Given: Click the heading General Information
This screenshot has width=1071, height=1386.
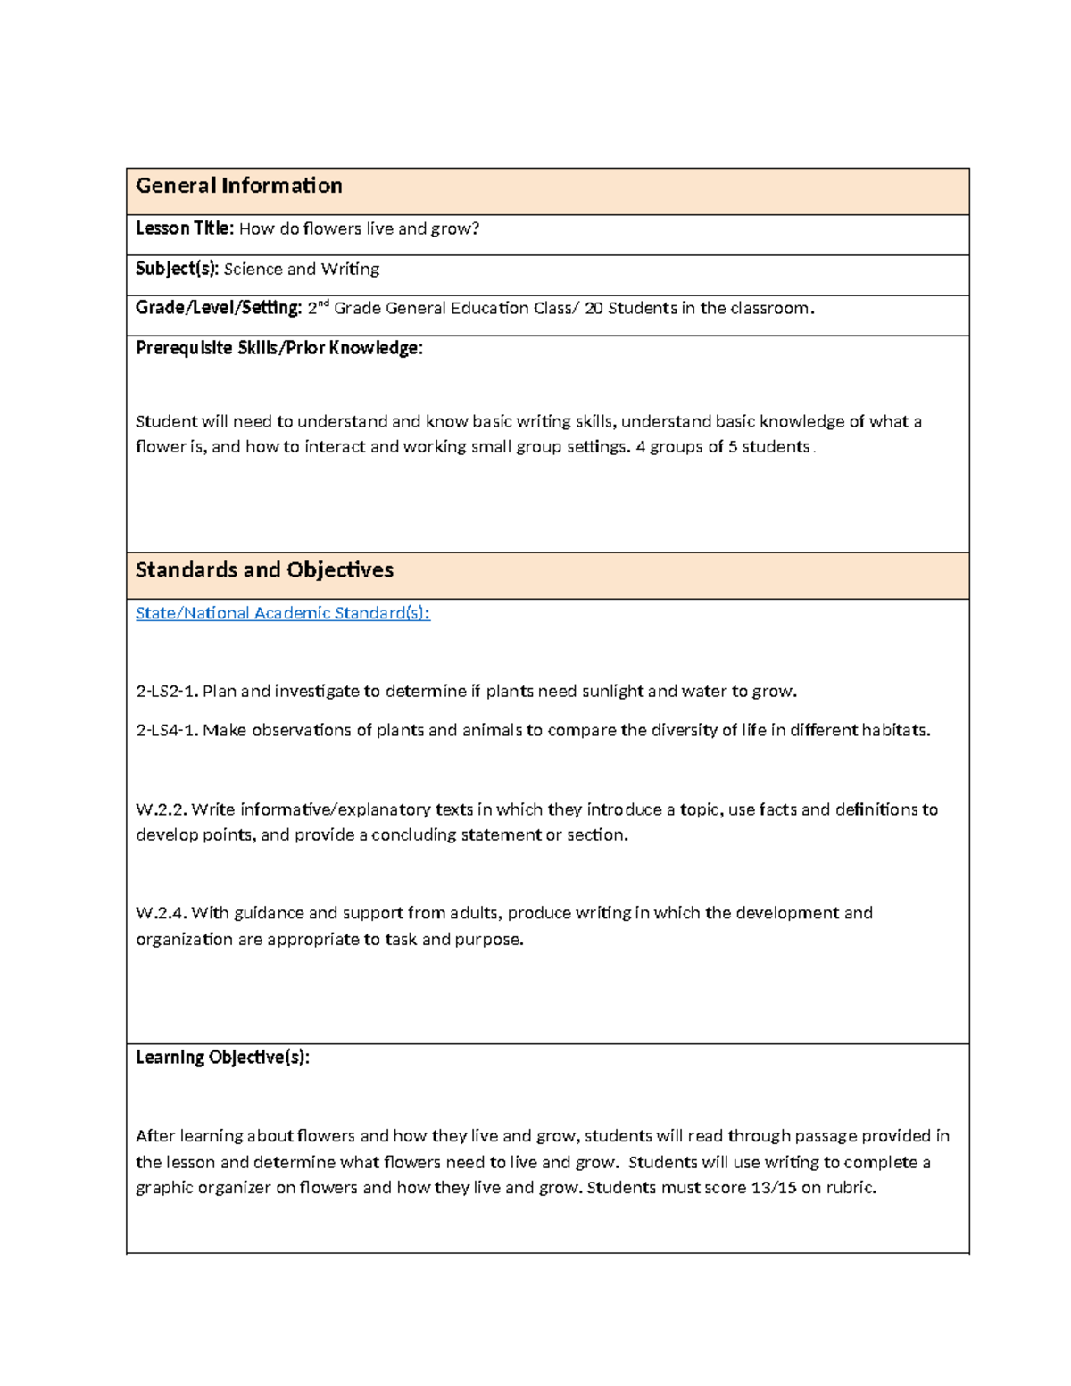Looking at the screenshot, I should point(238,186).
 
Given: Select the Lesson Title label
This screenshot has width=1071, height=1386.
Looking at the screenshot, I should point(184,228).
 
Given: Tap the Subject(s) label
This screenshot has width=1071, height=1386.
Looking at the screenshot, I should point(177,269).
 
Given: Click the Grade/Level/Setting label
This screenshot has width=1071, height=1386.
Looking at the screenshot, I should point(219,308).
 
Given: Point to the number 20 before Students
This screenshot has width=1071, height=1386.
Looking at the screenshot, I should point(594,308).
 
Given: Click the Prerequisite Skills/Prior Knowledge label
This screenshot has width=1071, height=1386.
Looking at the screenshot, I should point(278,348).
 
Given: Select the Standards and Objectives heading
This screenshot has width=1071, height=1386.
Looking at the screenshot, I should point(264,570).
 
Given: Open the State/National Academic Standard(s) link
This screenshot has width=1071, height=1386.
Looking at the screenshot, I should point(282,613).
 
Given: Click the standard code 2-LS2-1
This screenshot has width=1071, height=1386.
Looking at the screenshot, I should point(167,691).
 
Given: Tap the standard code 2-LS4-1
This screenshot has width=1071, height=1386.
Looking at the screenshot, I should point(167,730).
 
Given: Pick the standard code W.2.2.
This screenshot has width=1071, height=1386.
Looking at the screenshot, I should point(161,809).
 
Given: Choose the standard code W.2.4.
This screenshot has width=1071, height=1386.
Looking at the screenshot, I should point(161,913).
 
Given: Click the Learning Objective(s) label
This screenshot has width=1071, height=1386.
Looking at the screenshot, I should point(222,1058).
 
